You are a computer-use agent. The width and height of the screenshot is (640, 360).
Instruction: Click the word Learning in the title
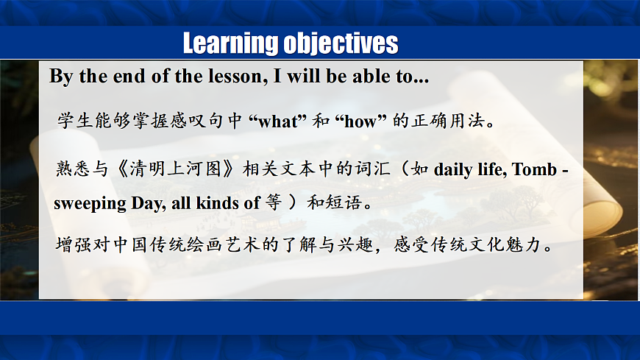[231, 43]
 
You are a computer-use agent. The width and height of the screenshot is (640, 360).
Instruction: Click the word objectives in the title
[341, 43]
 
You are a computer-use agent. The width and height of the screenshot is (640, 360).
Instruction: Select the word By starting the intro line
[61, 77]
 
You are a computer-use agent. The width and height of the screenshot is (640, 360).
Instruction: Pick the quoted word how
[360, 121]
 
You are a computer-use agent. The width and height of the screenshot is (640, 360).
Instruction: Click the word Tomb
[534, 169]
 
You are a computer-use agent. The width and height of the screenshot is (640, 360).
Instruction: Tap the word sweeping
[90, 203]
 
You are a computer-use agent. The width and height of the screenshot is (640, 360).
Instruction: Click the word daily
[453, 169]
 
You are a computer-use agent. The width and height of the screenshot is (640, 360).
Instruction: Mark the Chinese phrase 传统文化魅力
[486, 244]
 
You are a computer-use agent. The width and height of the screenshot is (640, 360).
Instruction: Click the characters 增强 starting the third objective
[74, 244]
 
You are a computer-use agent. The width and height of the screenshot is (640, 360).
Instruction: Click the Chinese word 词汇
[373, 169]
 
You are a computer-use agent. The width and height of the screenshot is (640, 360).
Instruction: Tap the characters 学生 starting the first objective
[75, 121]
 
